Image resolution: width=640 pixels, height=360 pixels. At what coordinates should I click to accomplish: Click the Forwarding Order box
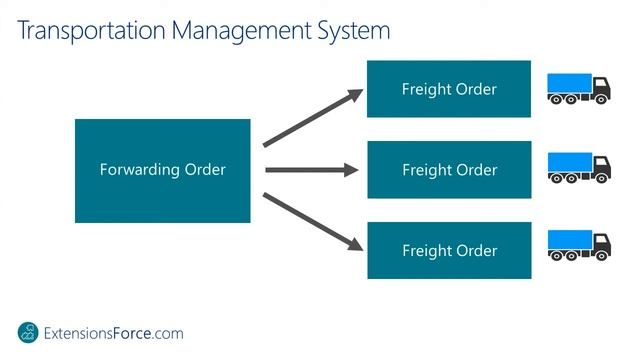[x=162, y=170]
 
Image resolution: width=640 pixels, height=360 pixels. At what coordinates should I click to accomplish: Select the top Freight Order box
[x=449, y=89]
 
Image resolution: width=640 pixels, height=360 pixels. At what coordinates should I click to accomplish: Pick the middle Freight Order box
[x=449, y=169]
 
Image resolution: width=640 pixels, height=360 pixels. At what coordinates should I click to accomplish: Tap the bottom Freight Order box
[x=449, y=250]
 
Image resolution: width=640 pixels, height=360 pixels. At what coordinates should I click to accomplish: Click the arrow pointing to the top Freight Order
[x=311, y=119]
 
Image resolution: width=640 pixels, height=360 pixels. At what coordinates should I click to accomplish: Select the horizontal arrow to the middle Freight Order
[x=311, y=170]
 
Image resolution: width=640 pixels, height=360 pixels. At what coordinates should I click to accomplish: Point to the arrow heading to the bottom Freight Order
[x=311, y=221]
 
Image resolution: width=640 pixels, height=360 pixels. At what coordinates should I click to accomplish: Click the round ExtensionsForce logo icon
[x=31, y=333]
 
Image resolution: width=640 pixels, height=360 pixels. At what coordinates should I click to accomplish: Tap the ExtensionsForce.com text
[x=116, y=333]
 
